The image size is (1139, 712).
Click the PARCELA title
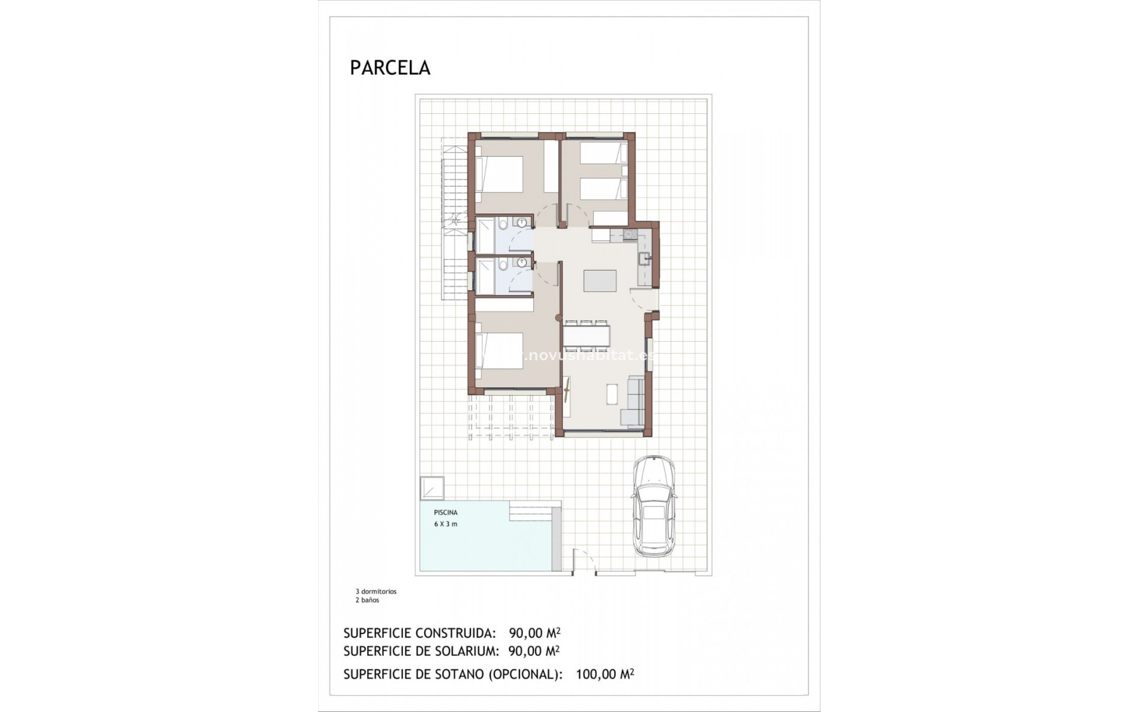pyautogui.click(x=390, y=68)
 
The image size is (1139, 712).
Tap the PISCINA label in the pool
pyautogui.click(x=446, y=513)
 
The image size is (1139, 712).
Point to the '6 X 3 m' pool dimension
pyautogui.click(x=446, y=524)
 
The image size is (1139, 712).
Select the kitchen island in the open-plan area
pyautogui.click(x=599, y=281)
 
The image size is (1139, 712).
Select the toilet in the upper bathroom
pyautogui.click(x=504, y=225)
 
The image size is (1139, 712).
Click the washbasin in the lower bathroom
pyautogui.click(x=522, y=263)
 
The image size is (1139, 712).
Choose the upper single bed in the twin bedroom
pyautogui.click(x=603, y=152)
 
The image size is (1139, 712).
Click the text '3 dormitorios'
pyautogui.click(x=376, y=592)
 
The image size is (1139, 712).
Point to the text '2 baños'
pyautogui.click(x=367, y=600)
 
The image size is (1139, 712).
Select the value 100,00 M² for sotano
pyautogui.click(x=605, y=674)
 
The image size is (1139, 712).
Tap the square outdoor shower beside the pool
pyautogui.click(x=431, y=488)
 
